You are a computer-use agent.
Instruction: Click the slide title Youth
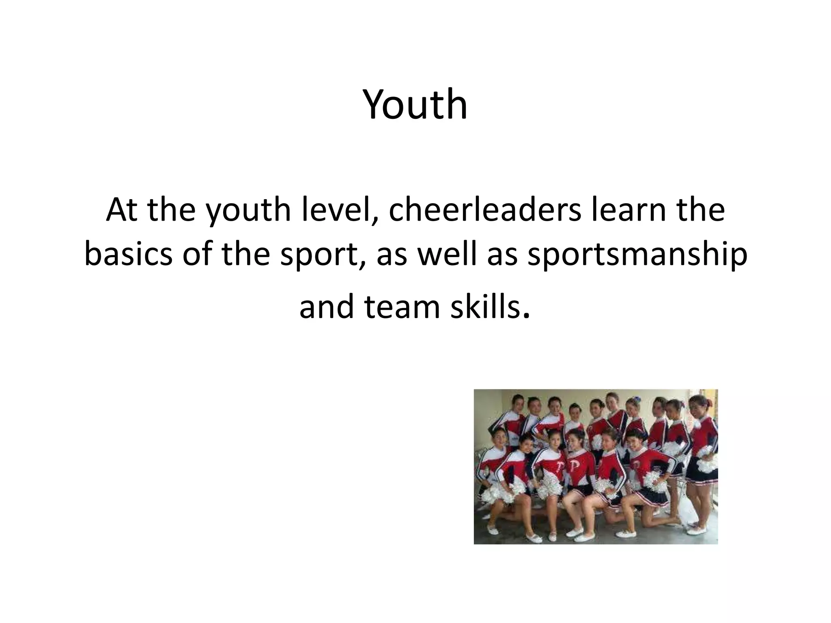point(415,105)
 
